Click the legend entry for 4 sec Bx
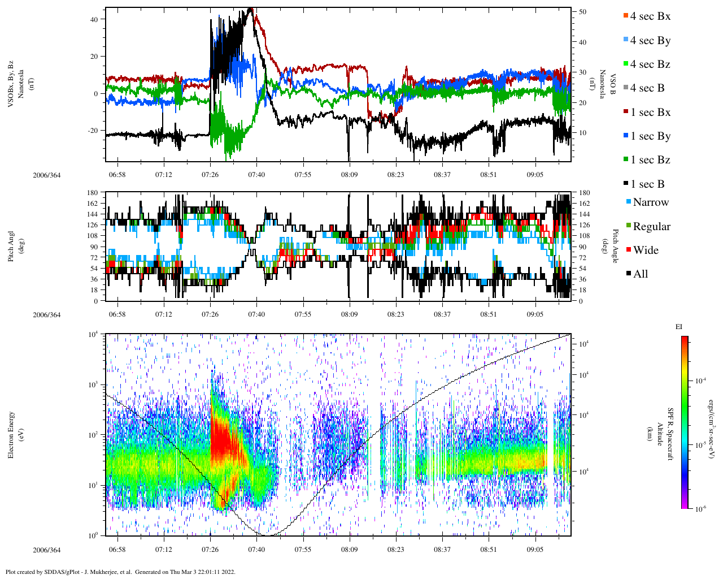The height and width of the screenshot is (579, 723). click(x=650, y=16)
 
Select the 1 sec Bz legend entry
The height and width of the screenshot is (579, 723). click(x=650, y=160)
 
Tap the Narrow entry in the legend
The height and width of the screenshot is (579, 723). click(x=650, y=202)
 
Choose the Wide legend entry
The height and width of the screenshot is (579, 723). click(x=645, y=250)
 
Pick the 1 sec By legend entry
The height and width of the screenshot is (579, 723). click(x=650, y=136)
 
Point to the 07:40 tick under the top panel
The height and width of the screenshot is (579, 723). click(x=256, y=175)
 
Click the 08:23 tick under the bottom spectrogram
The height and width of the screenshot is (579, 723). click(x=395, y=550)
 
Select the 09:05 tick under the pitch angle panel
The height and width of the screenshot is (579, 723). click(x=535, y=315)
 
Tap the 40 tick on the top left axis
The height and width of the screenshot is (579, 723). click(x=94, y=19)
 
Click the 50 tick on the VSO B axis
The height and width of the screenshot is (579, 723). click(x=582, y=12)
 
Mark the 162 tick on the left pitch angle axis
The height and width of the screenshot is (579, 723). click(x=93, y=204)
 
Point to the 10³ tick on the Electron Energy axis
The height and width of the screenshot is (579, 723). click(x=93, y=384)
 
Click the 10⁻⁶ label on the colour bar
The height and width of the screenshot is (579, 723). click(x=700, y=509)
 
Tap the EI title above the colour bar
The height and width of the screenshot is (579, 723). click(x=679, y=327)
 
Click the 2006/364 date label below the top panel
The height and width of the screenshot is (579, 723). click(x=46, y=175)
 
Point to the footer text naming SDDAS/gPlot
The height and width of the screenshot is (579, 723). click(x=120, y=572)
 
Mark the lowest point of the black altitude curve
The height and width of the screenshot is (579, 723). click(x=264, y=534)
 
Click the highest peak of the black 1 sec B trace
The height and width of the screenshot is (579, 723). click(x=251, y=9)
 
